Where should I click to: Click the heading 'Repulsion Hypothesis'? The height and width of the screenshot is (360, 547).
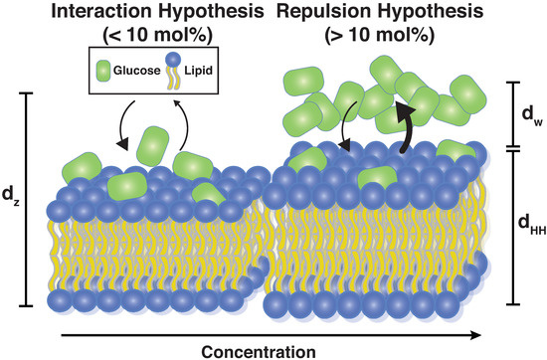coord(408,14)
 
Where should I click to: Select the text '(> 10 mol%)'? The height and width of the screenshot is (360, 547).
coord(408,37)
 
